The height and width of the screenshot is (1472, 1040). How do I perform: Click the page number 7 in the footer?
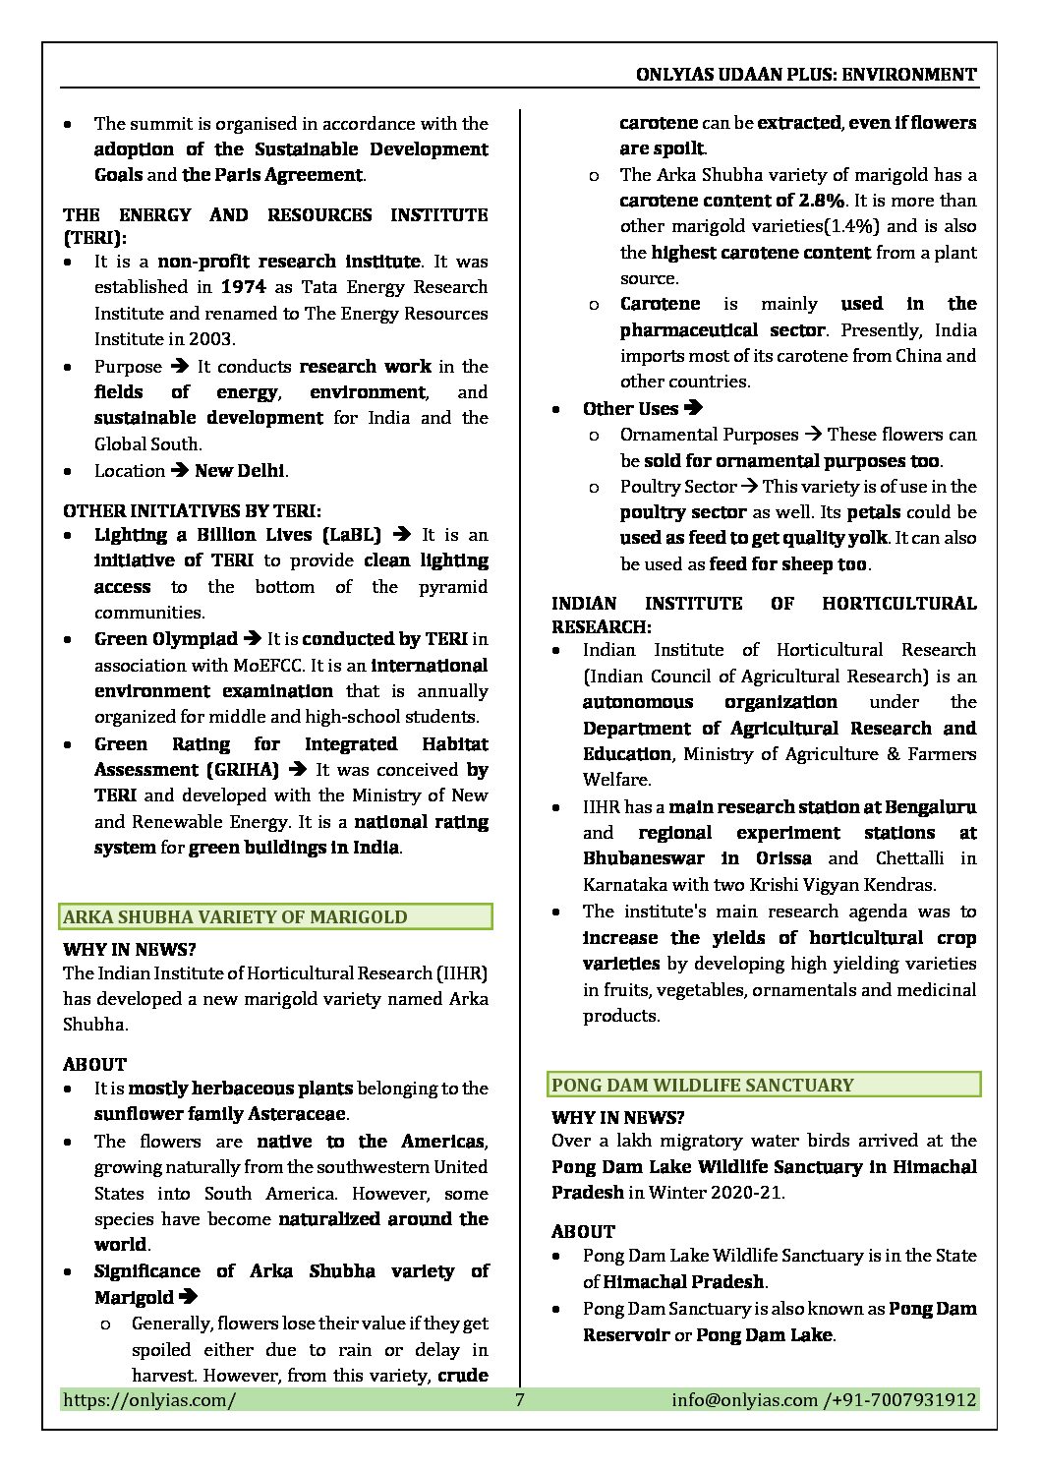pyautogui.click(x=519, y=1399)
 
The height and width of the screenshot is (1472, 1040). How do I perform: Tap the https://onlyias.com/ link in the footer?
pyautogui.click(x=148, y=1399)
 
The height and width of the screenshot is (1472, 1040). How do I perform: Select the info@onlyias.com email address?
pyautogui.click(x=744, y=1399)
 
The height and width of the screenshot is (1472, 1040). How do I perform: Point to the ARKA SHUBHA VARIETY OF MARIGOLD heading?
pyautogui.click(x=235, y=917)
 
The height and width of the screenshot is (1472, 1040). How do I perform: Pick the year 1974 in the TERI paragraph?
pyautogui.click(x=244, y=287)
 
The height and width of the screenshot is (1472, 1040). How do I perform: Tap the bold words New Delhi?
pyautogui.click(x=240, y=471)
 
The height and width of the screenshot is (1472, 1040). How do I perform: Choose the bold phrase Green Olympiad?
pyautogui.click(x=165, y=639)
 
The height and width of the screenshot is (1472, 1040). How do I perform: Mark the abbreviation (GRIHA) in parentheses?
pyautogui.click(x=242, y=770)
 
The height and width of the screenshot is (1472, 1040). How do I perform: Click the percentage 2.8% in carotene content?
pyautogui.click(x=821, y=201)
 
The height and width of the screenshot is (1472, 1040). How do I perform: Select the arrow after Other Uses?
pyautogui.click(x=693, y=408)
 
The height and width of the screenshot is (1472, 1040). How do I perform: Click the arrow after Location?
pyautogui.click(x=180, y=471)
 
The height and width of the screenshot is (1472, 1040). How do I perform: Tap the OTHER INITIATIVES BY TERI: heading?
pyautogui.click(x=193, y=511)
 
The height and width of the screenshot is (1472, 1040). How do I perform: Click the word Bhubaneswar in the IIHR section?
pyautogui.click(x=643, y=858)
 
